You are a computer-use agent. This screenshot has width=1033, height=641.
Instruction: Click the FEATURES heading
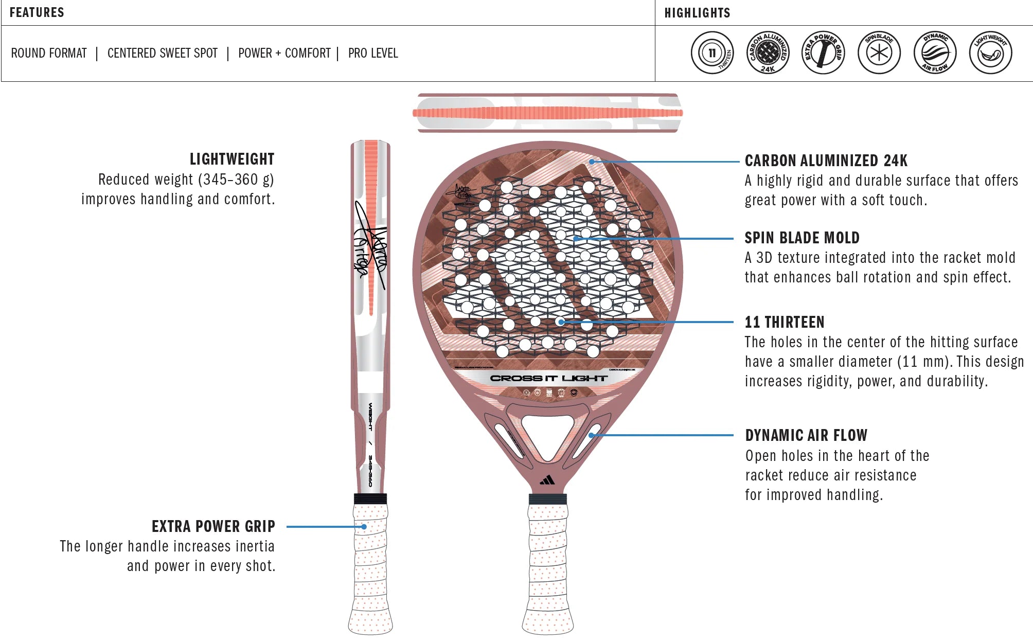click(x=37, y=12)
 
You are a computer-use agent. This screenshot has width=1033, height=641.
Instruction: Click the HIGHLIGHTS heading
click(x=697, y=13)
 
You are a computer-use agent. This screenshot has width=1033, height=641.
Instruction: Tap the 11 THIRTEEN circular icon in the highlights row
click(x=712, y=52)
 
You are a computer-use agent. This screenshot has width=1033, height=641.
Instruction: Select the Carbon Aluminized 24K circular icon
click(x=768, y=52)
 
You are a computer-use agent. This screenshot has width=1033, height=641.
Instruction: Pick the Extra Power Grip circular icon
click(x=823, y=52)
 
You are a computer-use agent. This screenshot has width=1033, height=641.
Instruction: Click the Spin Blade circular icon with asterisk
click(x=879, y=52)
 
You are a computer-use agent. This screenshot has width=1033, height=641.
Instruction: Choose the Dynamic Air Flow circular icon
click(x=935, y=52)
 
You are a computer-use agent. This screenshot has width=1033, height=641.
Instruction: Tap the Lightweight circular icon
click(x=990, y=52)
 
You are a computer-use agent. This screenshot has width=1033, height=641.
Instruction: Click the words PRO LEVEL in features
click(x=373, y=53)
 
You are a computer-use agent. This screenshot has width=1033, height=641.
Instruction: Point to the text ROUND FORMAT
click(x=49, y=53)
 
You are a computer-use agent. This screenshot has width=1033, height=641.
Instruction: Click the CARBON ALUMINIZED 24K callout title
click(x=826, y=161)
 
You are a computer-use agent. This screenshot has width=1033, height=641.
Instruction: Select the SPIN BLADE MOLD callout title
click(x=802, y=238)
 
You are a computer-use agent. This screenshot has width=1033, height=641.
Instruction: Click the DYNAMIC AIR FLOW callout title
click(x=806, y=435)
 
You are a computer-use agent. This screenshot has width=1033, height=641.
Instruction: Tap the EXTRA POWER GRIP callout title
click(x=213, y=526)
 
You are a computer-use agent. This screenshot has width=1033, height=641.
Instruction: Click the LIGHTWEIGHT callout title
click(x=231, y=159)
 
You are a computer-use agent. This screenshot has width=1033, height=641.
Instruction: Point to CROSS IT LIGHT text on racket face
click(x=548, y=378)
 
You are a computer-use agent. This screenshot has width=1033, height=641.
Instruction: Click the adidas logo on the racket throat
click(x=547, y=480)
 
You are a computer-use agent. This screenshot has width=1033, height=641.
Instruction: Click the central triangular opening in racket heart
click(x=547, y=432)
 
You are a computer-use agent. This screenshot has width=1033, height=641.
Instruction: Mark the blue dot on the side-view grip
click(x=364, y=527)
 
